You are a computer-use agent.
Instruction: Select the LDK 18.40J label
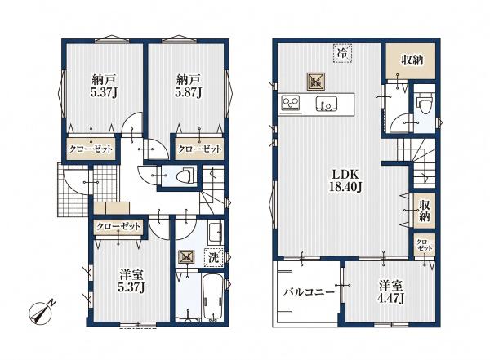[345, 181]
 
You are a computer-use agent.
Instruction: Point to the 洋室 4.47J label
[390, 292]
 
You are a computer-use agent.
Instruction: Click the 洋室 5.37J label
[131, 282]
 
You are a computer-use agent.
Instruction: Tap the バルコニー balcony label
[309, 292]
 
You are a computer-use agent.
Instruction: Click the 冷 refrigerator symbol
[342, 53]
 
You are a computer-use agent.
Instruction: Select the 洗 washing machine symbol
[214, 257]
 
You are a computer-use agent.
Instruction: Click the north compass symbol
[42, 312]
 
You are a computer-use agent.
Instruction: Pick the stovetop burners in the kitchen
[291, 103]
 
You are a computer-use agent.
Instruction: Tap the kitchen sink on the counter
[326, 104]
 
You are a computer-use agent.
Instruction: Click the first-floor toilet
[186, 176]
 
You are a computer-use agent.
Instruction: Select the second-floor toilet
[425, 104]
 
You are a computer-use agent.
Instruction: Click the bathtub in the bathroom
[212, 296]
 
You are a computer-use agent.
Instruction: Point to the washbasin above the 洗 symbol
[215, 233]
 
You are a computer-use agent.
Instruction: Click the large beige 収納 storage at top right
[410, 61]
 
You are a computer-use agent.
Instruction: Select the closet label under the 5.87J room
[199, 149]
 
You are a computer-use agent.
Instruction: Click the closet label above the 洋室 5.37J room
[118, 226]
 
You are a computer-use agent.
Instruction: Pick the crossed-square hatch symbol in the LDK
[315, 82]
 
